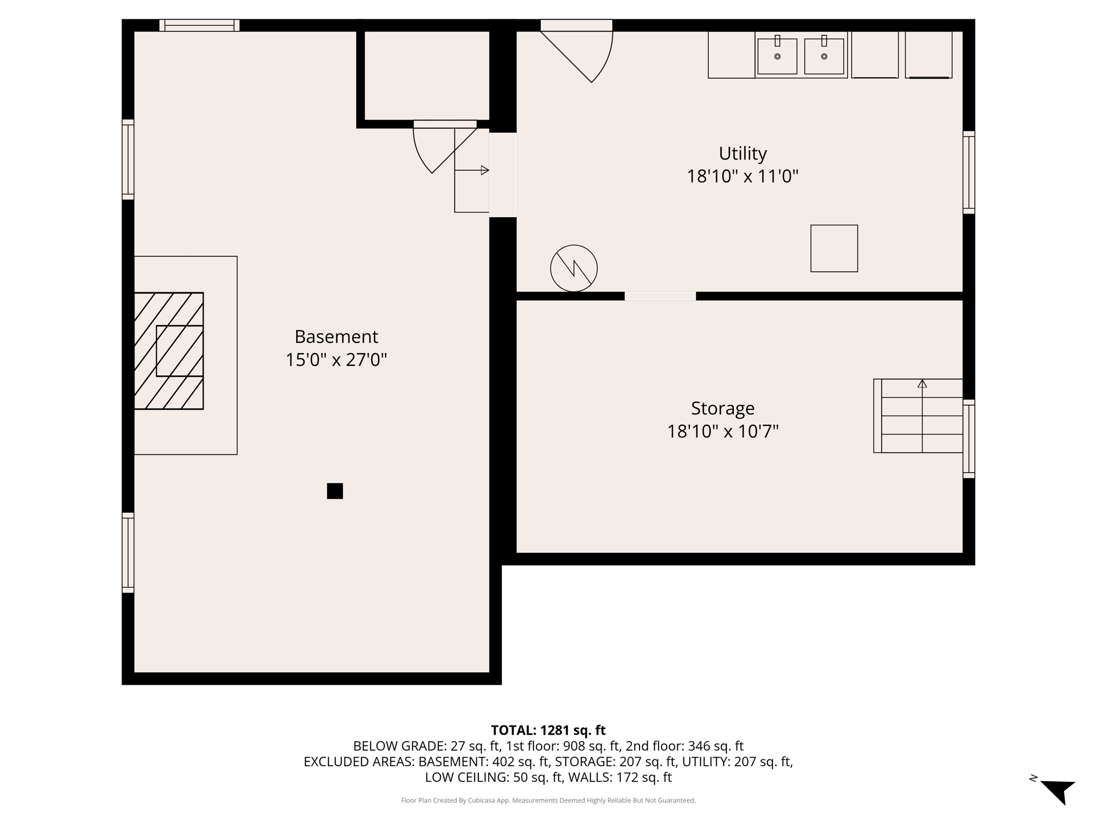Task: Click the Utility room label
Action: (742, 154)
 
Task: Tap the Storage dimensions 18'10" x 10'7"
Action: (722, 431)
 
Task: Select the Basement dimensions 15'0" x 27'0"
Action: (336, 360)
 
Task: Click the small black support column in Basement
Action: (335, 491)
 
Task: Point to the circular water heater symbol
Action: (574, 268)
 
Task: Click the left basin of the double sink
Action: (777, 56)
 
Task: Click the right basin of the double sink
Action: (824, 56)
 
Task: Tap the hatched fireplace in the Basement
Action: (168, 351)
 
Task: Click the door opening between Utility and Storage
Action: (660, 296)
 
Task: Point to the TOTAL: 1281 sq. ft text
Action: (548, 730)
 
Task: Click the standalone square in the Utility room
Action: (833, 249)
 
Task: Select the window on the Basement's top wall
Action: (199, 25)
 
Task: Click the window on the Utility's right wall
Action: (968, 172)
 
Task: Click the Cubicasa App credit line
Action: (548, 800)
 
